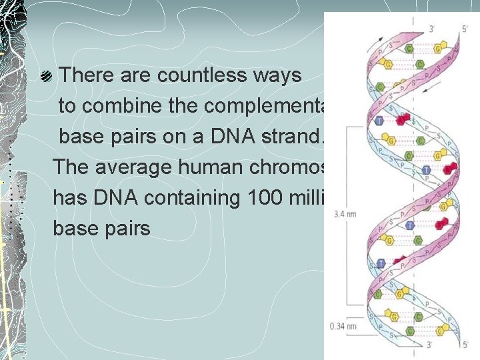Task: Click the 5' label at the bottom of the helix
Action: click(465, 345)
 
